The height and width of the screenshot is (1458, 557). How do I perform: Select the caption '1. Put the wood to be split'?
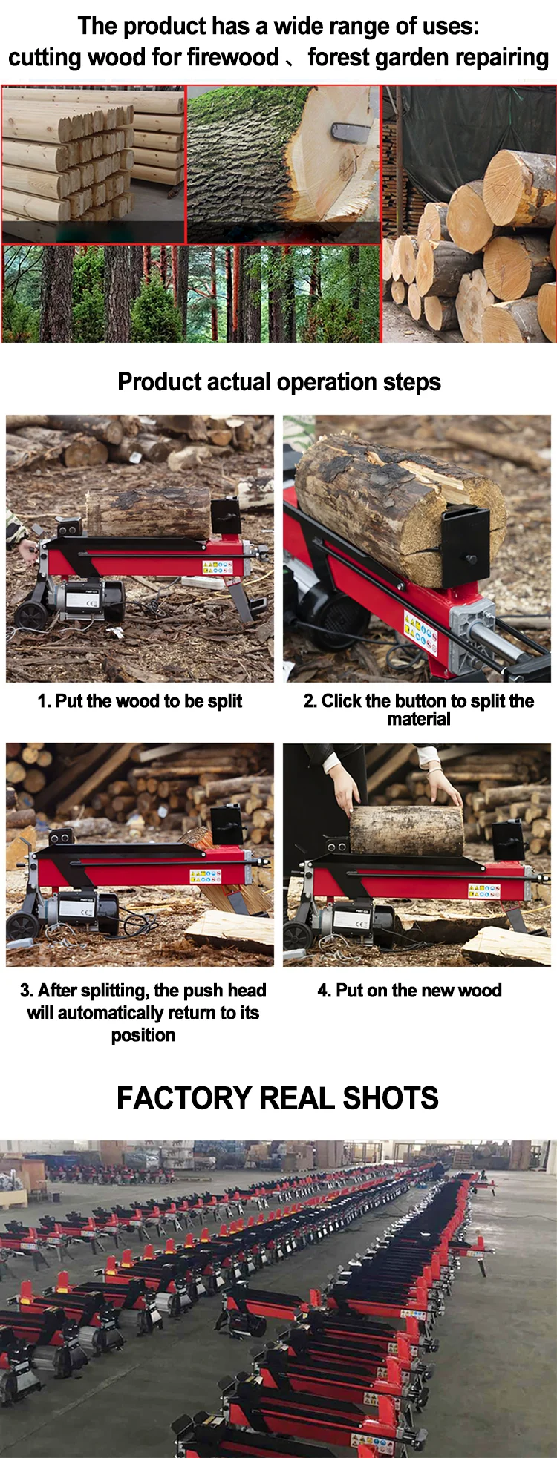pyautogui.click(x=140, y=701)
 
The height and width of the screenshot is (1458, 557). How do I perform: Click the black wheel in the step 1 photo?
pyautogui.click(x=30, y=615)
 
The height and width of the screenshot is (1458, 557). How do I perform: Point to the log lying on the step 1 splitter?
pyautogui.click(x=149, y=512)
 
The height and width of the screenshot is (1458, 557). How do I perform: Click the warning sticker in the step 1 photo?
pyautogui.click(x=218, y=568)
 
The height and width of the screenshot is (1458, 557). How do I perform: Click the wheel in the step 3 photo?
pyautogui.click(x=22, y=927)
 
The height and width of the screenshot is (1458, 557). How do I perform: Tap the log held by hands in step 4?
pyautogui.click(x=406, y=830)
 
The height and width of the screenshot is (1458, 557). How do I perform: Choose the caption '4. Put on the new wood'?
pyautogui.click(x=409, y=991)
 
